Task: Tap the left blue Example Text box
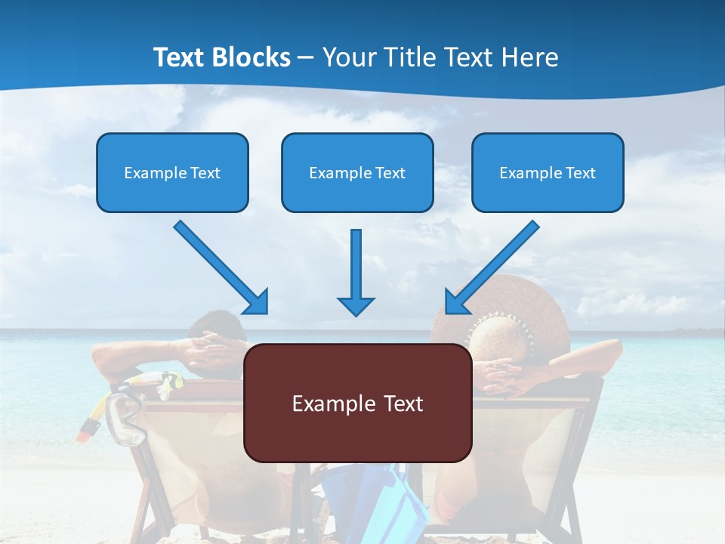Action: (x=172, y=172)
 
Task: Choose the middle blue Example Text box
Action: (x=357, y=172)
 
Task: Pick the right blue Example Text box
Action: (x=548, y=172)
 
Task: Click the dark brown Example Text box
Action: (x=357, y=403)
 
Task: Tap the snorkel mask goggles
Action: (x=125, y=419)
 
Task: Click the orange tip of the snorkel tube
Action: (x=88, y=431)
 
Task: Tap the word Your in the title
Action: (x=350, y=57)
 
